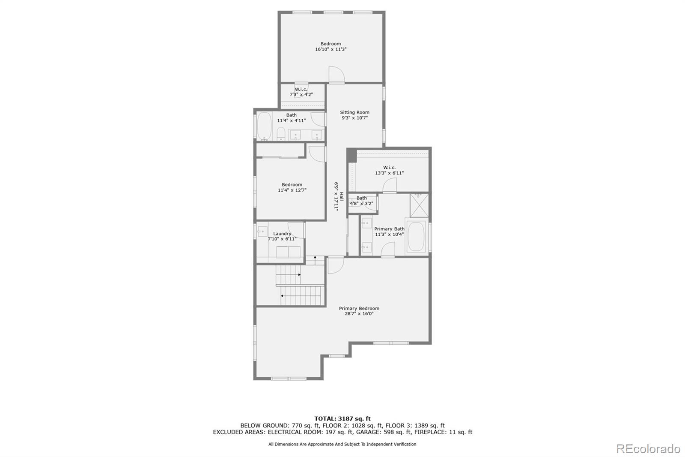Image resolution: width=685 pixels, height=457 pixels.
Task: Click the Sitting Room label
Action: (354, 112)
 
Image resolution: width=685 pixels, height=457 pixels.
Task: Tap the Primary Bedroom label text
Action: (359, 308)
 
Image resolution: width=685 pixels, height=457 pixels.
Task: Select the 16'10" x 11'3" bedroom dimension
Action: (331, 49)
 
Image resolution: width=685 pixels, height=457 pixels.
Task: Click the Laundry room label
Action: (282, 234)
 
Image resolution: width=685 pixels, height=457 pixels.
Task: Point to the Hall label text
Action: (342, 196)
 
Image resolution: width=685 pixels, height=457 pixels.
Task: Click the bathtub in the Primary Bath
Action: (416, 237)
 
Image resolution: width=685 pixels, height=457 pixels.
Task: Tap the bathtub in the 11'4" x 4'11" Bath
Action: (264, 126)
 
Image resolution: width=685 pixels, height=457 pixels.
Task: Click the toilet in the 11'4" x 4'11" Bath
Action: (281, 134)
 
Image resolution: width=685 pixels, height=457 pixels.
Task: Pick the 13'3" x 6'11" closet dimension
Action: (389, 173)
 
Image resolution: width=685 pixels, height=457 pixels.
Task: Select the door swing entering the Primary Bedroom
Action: (335, 265)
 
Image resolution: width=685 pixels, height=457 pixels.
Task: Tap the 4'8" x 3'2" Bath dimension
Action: (361, 204)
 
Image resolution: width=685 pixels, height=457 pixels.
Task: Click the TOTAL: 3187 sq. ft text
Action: (342, 418)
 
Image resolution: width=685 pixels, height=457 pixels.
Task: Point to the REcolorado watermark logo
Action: (648, 449)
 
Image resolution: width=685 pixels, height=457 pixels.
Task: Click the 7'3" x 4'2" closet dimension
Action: (301, 94)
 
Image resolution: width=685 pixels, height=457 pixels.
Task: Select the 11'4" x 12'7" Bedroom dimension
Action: (292, 190)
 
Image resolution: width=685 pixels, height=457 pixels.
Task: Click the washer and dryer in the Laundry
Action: (288, 252)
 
